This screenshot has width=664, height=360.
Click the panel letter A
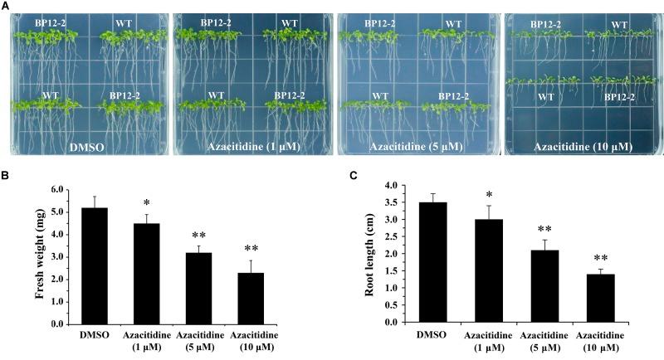(5, 6)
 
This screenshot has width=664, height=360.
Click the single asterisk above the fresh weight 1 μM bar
(146, 203)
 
